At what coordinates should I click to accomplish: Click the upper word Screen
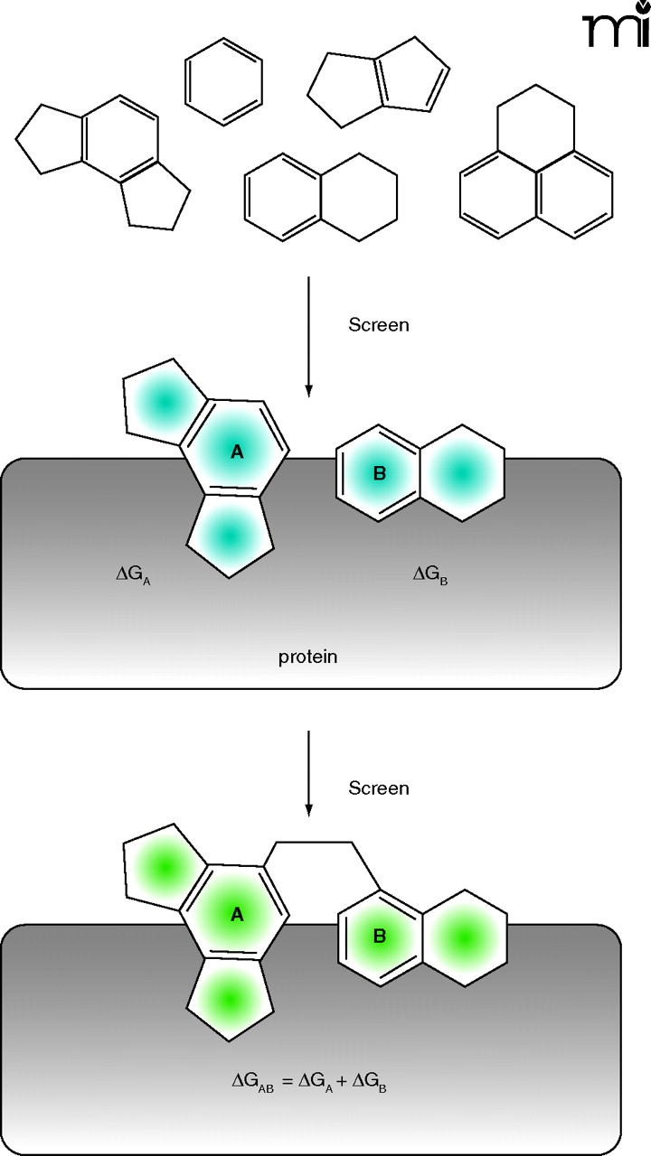[379, 325]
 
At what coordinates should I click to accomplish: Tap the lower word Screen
[379, 788]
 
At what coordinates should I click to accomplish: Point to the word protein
[307, 657]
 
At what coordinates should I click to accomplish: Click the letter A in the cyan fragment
[237, 452]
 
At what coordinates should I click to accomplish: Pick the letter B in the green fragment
[380, 937]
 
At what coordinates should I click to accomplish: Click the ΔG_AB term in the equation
[250, 1080]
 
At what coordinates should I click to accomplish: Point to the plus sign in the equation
[340, 1079]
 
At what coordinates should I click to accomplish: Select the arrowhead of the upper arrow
[308, 390]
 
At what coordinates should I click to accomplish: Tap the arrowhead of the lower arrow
[308, 806]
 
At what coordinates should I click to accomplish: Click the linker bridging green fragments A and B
[313, 843]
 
